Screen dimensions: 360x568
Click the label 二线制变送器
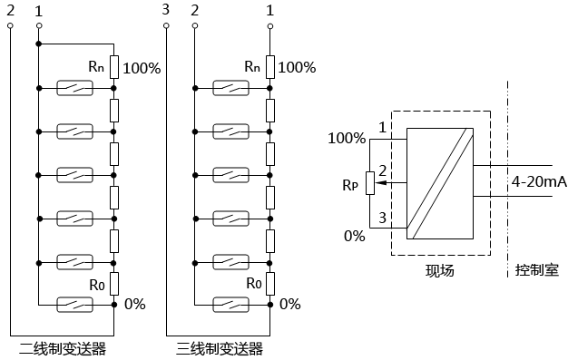click(63, 347)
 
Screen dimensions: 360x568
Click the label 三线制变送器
click(219, 347)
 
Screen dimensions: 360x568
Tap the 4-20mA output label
click(539, 182)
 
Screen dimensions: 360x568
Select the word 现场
click(439, 270)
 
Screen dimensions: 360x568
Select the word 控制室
click(536, 270)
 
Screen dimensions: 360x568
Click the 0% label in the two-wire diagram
click(134, 304)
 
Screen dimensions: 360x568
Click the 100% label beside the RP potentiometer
click(347, 139)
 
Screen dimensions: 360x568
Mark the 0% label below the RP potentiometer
click(353, 236)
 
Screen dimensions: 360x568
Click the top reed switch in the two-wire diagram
click(76, 88)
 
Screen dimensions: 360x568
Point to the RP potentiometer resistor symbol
click(368, 183)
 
